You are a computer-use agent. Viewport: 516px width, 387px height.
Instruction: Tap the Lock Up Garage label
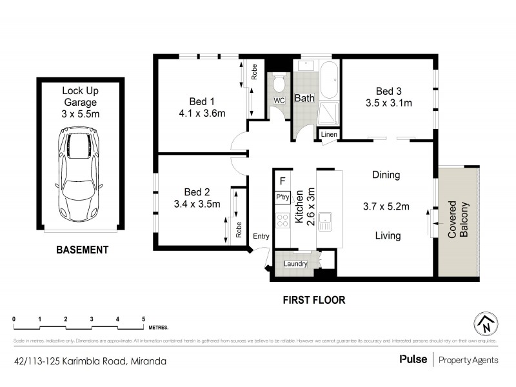point(80,102)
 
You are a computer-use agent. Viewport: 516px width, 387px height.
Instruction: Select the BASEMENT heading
point(81,250)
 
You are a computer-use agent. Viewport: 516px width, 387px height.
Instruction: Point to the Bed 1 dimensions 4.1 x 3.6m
point(202,114)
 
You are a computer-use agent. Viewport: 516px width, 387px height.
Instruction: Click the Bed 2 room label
point(197,192)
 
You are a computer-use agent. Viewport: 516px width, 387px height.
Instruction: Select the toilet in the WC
point(279,84)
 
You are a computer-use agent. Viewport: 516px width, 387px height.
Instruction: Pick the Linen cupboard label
point(329,134)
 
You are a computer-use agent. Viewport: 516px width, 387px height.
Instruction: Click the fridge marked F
point(283,181)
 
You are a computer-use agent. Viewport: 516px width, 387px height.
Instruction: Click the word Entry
point(261,237)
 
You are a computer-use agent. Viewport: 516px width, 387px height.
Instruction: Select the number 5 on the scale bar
point(143,319)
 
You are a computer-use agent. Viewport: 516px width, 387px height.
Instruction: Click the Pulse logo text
point(411,361)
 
